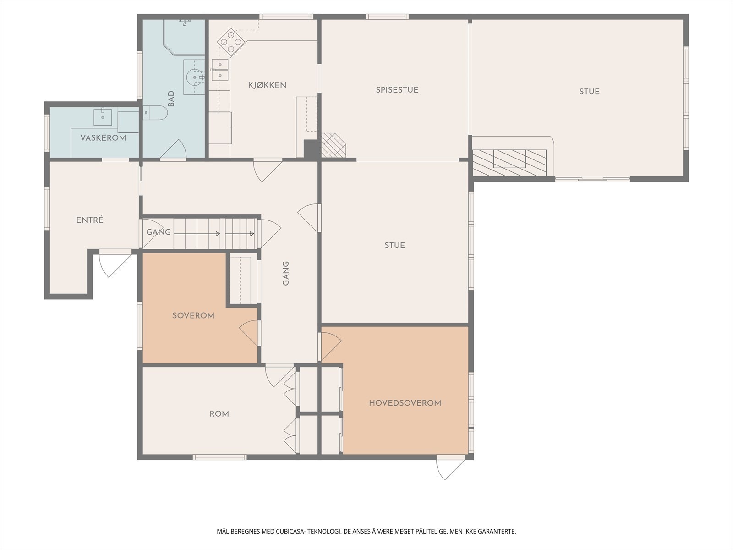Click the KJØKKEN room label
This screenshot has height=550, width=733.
point(267,85)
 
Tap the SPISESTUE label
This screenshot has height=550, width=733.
point(397,90)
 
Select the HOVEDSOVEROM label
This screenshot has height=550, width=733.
point(405,403)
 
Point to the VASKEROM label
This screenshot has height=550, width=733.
point(103,138)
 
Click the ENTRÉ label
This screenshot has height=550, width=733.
point(90,220)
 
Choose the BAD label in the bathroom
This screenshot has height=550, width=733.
point(171,99)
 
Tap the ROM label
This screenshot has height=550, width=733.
point(219,414)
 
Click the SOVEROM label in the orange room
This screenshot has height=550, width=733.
point(193,316)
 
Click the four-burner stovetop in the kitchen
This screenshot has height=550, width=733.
point(231,42)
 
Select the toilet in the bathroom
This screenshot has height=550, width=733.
point(155,113)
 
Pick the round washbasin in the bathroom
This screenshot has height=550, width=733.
point(194,77)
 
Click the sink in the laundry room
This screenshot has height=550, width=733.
point(103,116)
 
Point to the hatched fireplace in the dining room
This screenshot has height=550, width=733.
point(333,145)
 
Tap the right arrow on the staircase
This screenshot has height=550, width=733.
point(240,234)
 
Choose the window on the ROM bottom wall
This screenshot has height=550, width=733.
point(219,457)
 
